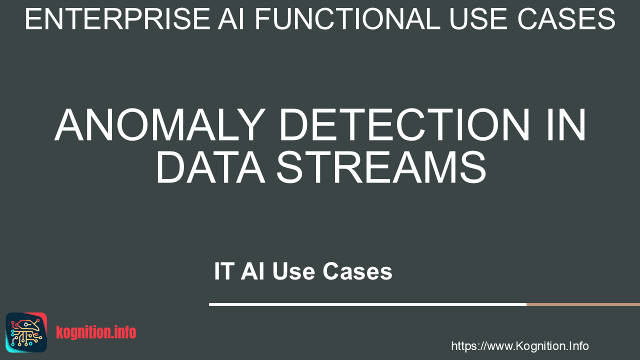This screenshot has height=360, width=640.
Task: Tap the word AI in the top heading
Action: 231,19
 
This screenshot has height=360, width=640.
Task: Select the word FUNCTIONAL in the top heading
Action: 347,19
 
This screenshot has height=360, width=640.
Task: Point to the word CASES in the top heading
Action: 566,19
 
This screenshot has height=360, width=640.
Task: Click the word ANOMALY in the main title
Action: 160,125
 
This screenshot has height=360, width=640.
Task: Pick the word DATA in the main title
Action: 210,167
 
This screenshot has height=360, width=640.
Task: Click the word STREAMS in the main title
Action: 381,167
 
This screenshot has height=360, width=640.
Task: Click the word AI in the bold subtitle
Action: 252,271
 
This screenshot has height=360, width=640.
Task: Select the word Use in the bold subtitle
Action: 293,271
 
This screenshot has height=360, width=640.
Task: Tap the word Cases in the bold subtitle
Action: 357,271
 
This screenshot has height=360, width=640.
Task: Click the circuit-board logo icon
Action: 26,332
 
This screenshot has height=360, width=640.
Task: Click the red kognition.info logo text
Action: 96,332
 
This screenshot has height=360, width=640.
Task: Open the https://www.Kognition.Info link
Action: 519,346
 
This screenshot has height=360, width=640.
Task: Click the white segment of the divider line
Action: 367,304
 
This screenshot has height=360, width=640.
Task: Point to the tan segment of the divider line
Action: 583,304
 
